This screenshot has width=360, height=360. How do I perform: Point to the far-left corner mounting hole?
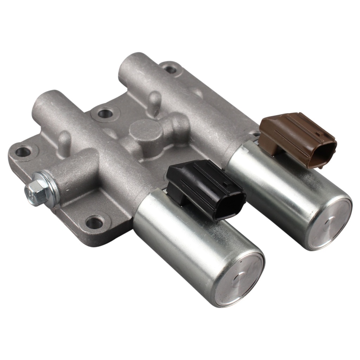[23, 152]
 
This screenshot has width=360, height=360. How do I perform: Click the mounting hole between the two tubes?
[104, 113]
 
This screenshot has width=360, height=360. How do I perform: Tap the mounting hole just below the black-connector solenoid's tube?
[94, 222]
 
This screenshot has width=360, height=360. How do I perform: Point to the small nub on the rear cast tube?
[154, 100]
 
